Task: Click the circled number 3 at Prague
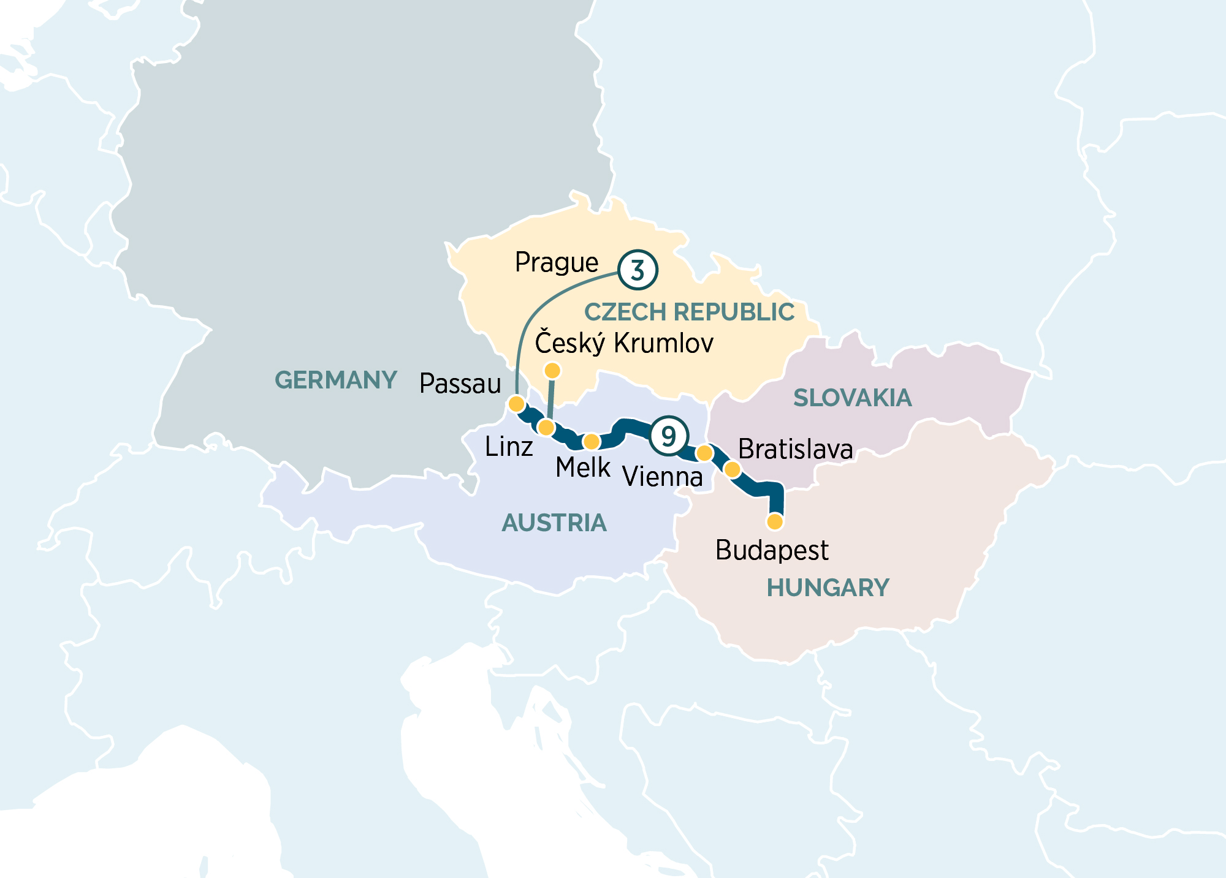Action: click(x=638, y=270)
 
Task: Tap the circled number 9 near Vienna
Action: click(x=668, y=436)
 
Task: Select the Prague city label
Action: click(x=557, y=262)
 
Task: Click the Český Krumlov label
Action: click(x=624, y=342)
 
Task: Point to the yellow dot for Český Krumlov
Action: click(x=552, y=371)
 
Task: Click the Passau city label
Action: click(x=460, y=384)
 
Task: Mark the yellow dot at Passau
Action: click(x=517, y=404)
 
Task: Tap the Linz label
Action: click(x=508, y=447)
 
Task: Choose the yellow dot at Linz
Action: click(x=546, y=427)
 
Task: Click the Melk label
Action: click(x=583, y=468)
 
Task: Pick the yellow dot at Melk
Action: click(x=592, y=442)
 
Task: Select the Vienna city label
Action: click(x=662, y=477)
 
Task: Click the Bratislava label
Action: click(x=795, y=449)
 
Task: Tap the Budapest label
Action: click(x=772, y=550)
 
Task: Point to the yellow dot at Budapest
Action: click(x=775, y=521)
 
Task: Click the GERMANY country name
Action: click(x=336, y=380)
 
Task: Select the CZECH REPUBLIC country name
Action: click(x=689, y=312)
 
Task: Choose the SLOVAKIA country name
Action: click(x=852, y=398)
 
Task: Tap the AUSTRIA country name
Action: click(x=554, y=523)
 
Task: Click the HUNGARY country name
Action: click(x=828, y=588)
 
